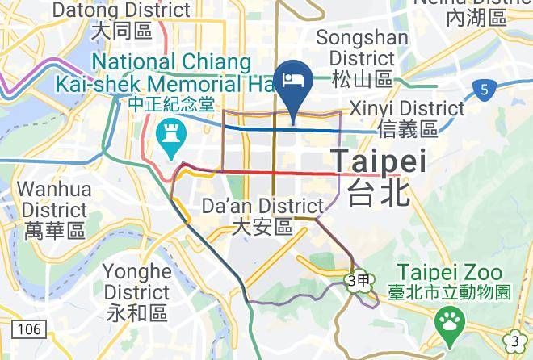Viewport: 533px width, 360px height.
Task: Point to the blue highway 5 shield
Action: pyautogui.click(x=483, y=91)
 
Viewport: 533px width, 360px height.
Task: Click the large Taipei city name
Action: pyautogui.click(x=379, y=161)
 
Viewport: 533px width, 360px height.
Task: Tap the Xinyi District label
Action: pyautogui.click(x=406, y=108)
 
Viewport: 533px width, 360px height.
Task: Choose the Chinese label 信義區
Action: pyautogui.click(x=406, y=128)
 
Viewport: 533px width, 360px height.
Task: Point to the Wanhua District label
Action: pyautogui.click(x=54, y=199)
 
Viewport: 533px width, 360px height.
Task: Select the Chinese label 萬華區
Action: pyautogui.click(x=54, y=232)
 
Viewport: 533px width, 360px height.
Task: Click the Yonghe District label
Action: pyautogui.click(x=137, y=281)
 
